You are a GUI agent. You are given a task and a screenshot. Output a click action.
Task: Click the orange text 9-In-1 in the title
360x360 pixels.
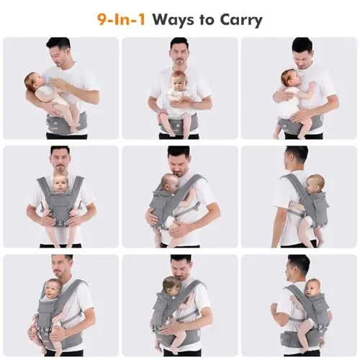[121, 19]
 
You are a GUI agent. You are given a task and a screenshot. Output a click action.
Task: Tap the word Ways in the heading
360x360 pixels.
[174, 20]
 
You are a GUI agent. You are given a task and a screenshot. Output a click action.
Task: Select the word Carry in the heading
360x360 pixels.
[240, 20]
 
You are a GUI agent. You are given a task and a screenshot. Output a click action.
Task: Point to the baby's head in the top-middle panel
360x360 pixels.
[179, 80]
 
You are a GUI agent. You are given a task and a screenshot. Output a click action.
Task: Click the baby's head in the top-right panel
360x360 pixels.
[290, 78]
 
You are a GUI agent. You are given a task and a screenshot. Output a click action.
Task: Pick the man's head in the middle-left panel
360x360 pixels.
[60, 159]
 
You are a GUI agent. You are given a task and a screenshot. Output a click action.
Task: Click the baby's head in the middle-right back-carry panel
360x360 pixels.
[315, 184]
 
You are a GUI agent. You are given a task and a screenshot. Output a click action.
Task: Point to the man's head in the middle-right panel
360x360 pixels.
[296, 158]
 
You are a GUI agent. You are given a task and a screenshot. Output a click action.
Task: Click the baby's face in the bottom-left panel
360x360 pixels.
[52, 291]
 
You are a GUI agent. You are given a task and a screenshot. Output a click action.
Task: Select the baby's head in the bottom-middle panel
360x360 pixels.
[171, 286]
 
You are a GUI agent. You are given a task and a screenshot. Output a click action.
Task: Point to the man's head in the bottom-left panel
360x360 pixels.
[62, 267]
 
